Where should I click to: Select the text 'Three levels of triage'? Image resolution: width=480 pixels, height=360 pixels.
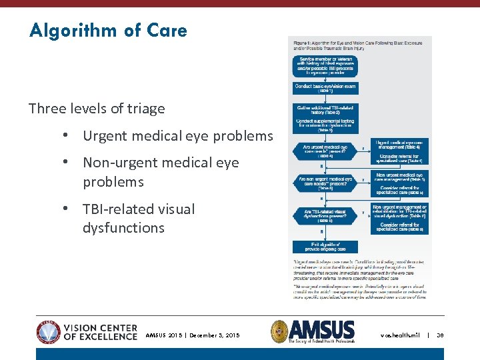tap(97, 109)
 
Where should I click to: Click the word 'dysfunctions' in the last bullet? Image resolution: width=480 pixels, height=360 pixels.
tap(123, 228)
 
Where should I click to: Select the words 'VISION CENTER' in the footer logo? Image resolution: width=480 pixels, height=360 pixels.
tap(101, 328)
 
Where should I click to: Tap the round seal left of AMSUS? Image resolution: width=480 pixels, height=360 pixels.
tap(280, 331)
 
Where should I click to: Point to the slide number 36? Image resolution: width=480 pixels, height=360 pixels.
tap(440, 335)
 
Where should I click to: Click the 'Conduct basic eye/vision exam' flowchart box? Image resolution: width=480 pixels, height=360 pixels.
tap(325, 87)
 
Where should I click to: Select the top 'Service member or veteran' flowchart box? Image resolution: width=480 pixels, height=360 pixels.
tap(325, 65)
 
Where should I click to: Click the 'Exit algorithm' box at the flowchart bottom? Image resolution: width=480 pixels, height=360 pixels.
tap(325, 247)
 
